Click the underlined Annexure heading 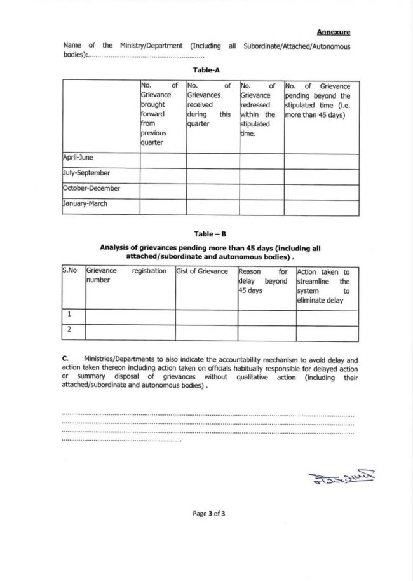[x=334, y=31]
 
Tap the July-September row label [x=86, y=172]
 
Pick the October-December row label [x=91, y=188]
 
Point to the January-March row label [x=85, y=204]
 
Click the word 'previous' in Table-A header [x=153, y=133]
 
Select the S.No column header [x=70, y=271]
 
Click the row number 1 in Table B [x=69, y=314]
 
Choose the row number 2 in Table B [x=69, y=329]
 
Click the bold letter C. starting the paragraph [x=66, y=359]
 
